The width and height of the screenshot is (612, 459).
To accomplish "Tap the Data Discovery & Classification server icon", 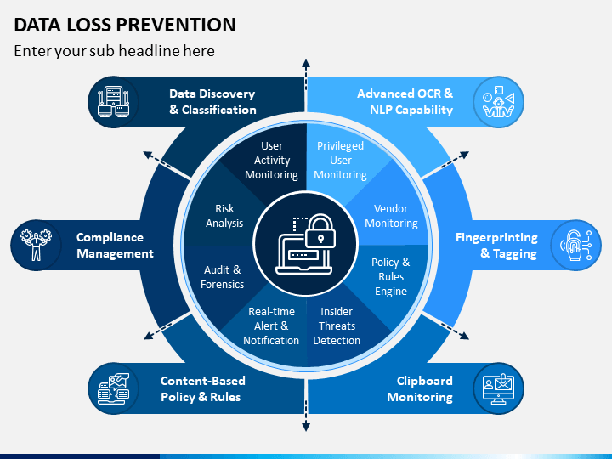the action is point(113,102).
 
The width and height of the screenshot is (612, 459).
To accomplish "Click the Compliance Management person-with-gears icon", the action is point(36,245).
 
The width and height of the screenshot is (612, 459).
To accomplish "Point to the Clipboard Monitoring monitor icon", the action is point(498,388).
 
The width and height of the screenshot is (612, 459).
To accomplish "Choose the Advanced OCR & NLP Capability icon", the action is point(498,102).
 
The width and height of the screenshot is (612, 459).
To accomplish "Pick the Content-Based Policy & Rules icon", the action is point(113,388).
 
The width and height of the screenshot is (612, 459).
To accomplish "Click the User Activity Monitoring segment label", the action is point(272,160).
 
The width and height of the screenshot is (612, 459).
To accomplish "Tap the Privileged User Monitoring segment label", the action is point(340,160).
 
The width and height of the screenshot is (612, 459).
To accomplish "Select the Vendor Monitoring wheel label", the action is point(391,216).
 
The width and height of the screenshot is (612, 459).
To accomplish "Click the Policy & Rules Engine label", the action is point(391,276).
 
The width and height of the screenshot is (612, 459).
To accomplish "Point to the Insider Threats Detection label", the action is point(337,326).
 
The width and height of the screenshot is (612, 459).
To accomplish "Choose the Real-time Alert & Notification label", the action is point(271,326).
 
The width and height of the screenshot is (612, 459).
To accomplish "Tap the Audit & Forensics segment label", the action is point(222,277).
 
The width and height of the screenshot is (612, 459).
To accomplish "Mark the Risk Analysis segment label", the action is point(224,216).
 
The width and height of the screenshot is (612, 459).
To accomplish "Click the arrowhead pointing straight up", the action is point(306,64).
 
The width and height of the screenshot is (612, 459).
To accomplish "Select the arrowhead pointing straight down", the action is point(306,427).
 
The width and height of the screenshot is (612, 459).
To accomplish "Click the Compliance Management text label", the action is point(115,245).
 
